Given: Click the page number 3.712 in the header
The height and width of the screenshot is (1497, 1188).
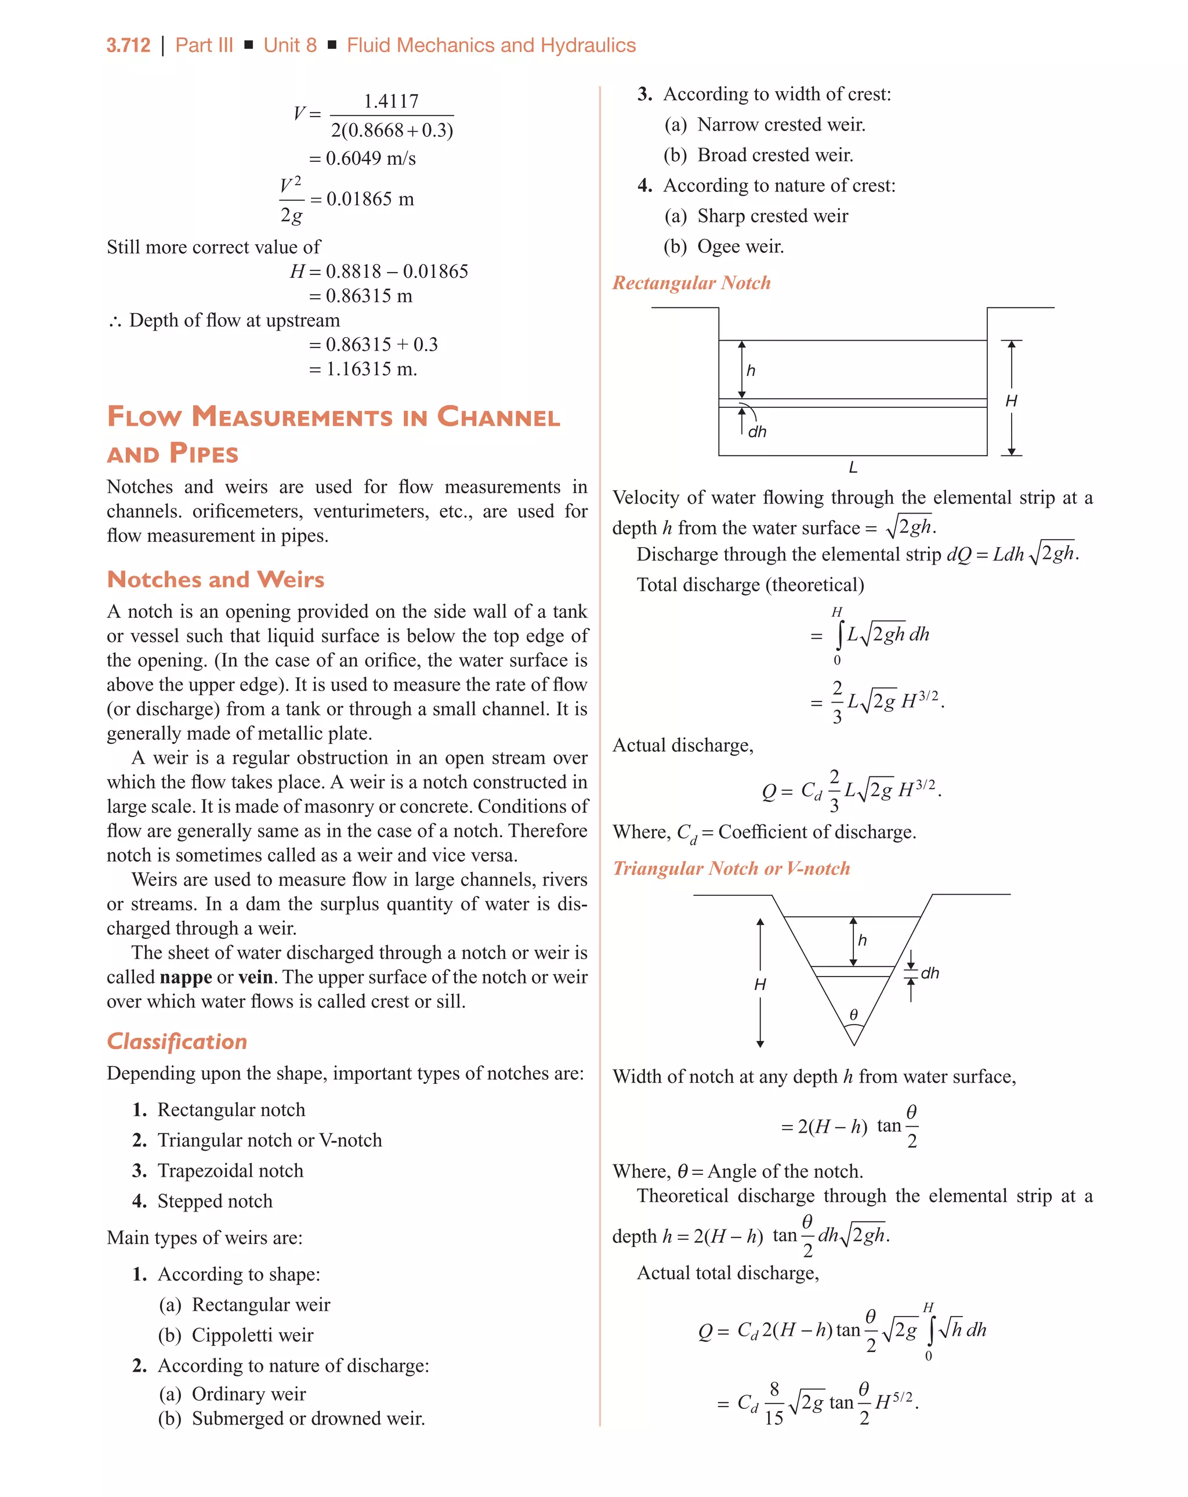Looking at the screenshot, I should click(128, 46).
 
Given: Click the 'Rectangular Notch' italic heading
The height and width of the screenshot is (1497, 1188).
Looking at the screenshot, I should click(691, 283).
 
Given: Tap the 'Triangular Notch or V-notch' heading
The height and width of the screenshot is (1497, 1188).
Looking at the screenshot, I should click(731, 868).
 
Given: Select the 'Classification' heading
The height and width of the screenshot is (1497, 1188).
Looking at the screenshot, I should click(177, 1042).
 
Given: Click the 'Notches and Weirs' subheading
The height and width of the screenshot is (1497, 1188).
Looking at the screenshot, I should click(215, 579).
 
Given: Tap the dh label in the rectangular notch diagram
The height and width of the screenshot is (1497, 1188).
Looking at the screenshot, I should click(757, 432).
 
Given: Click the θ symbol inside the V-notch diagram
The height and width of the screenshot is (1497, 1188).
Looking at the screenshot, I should click(853, 1014).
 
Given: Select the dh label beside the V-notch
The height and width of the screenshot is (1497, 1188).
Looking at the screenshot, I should click(929, 973).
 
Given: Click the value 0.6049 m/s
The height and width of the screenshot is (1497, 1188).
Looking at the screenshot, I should click(370, 158).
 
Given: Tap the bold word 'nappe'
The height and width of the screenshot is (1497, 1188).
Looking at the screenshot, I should click(186, 977).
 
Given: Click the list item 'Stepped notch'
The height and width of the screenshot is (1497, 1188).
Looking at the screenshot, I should click(215, 1201).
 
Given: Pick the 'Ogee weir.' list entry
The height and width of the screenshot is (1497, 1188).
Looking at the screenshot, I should click(740, 247).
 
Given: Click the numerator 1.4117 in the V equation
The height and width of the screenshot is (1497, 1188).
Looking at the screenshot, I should click(391, 102).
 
